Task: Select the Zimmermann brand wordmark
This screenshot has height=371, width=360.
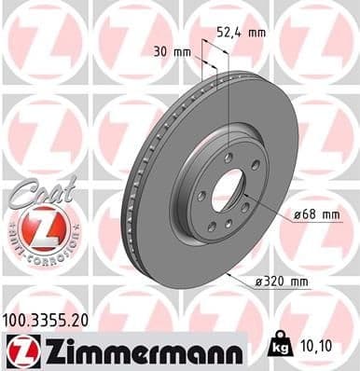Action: [135, 350]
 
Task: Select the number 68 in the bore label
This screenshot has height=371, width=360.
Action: [308, 215]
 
